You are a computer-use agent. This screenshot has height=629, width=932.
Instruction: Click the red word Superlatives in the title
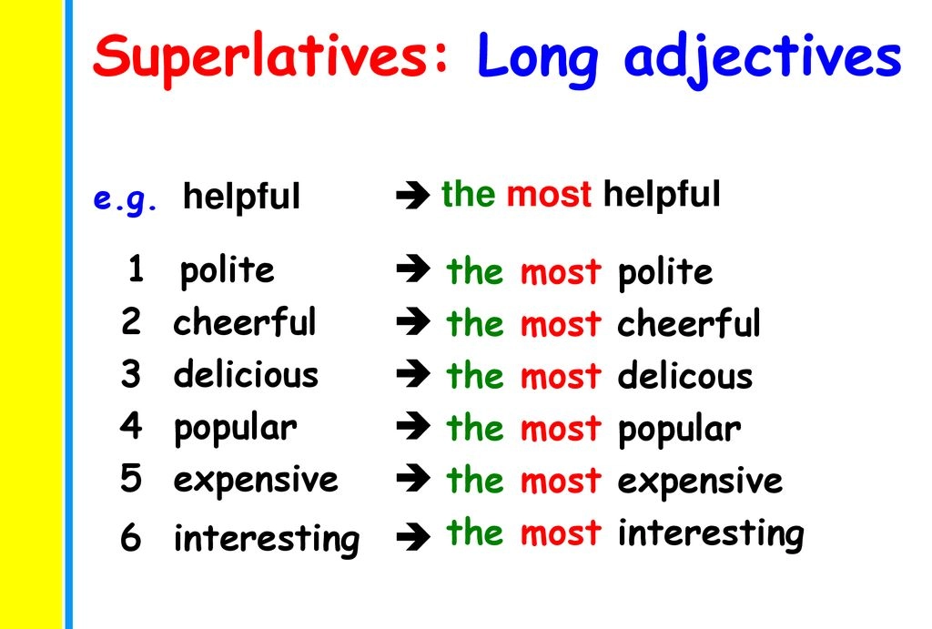(x=271, y=56)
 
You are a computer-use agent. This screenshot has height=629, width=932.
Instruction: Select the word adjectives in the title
(x=762, y=58)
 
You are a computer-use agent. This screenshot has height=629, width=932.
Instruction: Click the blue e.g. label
(x=126, y=198)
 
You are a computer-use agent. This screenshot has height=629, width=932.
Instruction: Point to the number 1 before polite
(x=136, y=269)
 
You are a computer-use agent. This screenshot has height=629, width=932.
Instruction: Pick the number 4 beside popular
(x=131, y=426)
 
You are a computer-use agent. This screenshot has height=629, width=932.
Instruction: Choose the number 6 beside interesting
(x=131, y=539)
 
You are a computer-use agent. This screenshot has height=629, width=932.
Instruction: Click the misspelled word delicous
(x=684, y=376)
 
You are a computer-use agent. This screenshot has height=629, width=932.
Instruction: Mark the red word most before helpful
(x=549, y=194)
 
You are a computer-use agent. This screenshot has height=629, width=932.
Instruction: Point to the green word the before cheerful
(x=473, y=323)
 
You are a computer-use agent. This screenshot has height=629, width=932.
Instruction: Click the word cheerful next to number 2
(x=245, y=322)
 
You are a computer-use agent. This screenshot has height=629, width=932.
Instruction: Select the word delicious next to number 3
(x=246, y=374)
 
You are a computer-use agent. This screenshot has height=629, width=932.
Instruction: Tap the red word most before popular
(x=561, y=429)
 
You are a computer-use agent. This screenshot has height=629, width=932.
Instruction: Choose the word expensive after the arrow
(x=699, y=482)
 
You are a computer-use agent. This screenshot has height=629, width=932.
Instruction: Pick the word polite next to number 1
(x=227, y=270)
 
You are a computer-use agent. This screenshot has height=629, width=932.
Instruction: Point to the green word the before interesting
(x=473, y=533)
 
